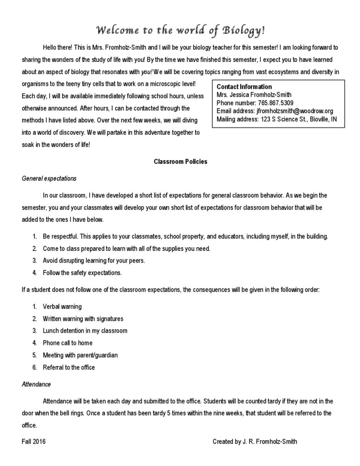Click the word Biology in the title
pos(243,31)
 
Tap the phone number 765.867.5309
pos(274,103)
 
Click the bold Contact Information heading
pos(244,86)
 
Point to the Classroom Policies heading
pos(180,162)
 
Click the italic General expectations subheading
pos(49,178)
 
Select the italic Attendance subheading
pos(36,384)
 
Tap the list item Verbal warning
pos(62,306)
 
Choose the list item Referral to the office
pos(69,367)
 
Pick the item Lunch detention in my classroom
pos(85,330)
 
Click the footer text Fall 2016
pos(34,441)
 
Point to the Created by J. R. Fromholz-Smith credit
pos(255,441)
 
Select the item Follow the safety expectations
pos(82,273)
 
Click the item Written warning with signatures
pos(83,319)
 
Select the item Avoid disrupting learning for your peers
pos(94,261)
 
